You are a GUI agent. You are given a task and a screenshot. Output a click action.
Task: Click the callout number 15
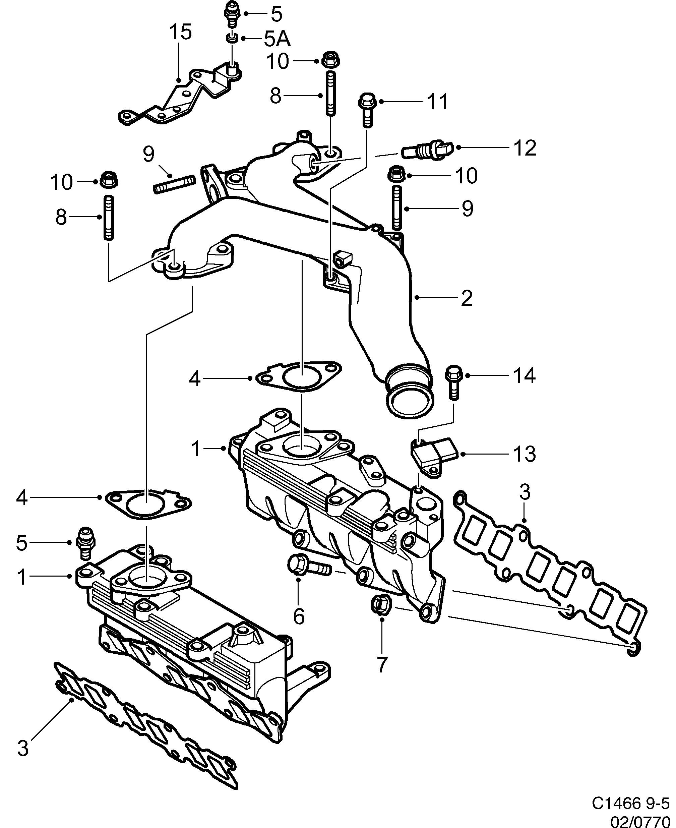180,32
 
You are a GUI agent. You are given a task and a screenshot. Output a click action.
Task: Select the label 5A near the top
277,39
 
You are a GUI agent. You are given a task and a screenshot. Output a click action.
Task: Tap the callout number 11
438,102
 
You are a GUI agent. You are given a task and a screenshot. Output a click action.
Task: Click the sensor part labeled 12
427,149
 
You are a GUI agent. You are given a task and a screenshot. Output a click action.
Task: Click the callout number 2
467,298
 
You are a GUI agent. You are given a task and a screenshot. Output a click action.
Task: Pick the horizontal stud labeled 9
174,185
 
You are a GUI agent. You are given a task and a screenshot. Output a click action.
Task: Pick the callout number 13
524,454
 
